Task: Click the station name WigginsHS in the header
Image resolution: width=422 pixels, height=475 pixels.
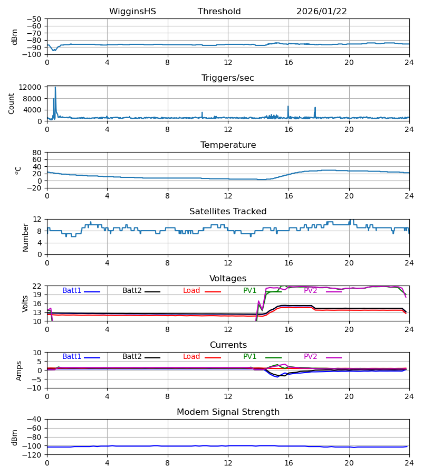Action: (132, 12)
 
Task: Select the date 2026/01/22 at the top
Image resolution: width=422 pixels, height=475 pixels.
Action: (321, 12)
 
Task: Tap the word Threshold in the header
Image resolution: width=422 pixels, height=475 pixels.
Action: (219, 12)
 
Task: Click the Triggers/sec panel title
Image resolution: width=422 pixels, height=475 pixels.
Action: (227, 78)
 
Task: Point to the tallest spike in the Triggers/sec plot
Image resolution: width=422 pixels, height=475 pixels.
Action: (55, 88)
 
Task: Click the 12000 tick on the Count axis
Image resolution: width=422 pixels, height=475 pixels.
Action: (33, 87)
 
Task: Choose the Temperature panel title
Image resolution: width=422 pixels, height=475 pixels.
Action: (228, 145)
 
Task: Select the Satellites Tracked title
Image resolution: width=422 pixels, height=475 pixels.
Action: (228, 212)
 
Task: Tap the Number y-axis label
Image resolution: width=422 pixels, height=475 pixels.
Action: (26, 237)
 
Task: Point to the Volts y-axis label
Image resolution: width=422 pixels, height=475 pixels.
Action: (26, 303)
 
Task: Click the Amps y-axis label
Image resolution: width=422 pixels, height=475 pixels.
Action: (20, 370)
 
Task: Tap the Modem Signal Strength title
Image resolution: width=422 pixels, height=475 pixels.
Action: (228, 412)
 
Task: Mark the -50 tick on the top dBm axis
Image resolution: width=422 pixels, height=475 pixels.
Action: (35, 19)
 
